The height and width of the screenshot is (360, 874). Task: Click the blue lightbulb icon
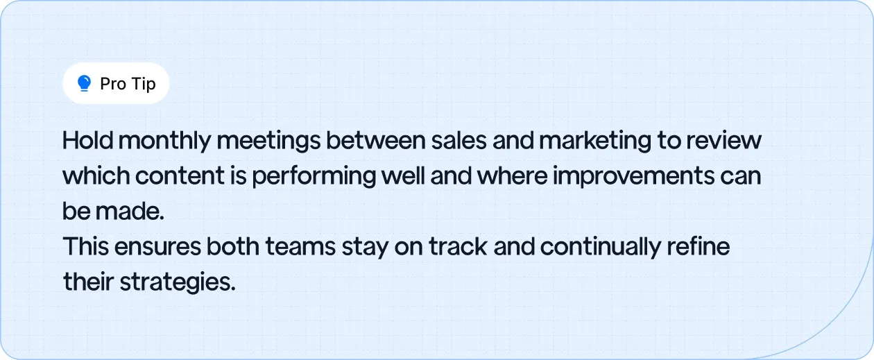pyautogui.click(x=85, y=84)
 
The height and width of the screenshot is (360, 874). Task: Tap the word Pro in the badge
pyautogui.click(x=113, y=84)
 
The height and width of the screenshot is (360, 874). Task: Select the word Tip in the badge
pyautogui.click(x=144, y=84)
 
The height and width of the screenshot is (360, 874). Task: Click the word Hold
pyautogui.click(x=86, y=141)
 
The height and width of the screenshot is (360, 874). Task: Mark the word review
pyautogui.click(x=727, y=141)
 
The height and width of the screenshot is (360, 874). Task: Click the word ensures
pyautogui.click(x=155, y=247)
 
